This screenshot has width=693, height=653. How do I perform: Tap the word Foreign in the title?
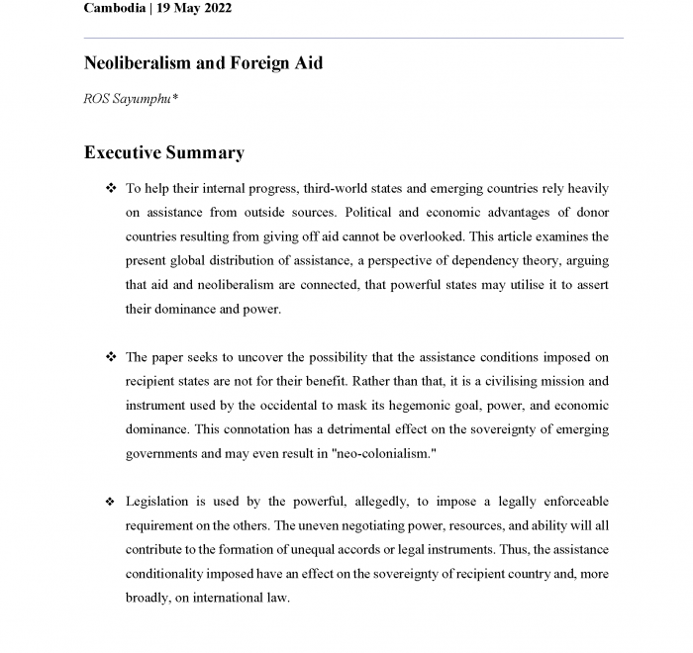262,63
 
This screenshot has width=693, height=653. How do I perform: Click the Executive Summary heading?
163,152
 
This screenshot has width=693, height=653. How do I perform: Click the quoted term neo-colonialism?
376,454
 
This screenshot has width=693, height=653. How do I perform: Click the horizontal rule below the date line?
353,38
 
